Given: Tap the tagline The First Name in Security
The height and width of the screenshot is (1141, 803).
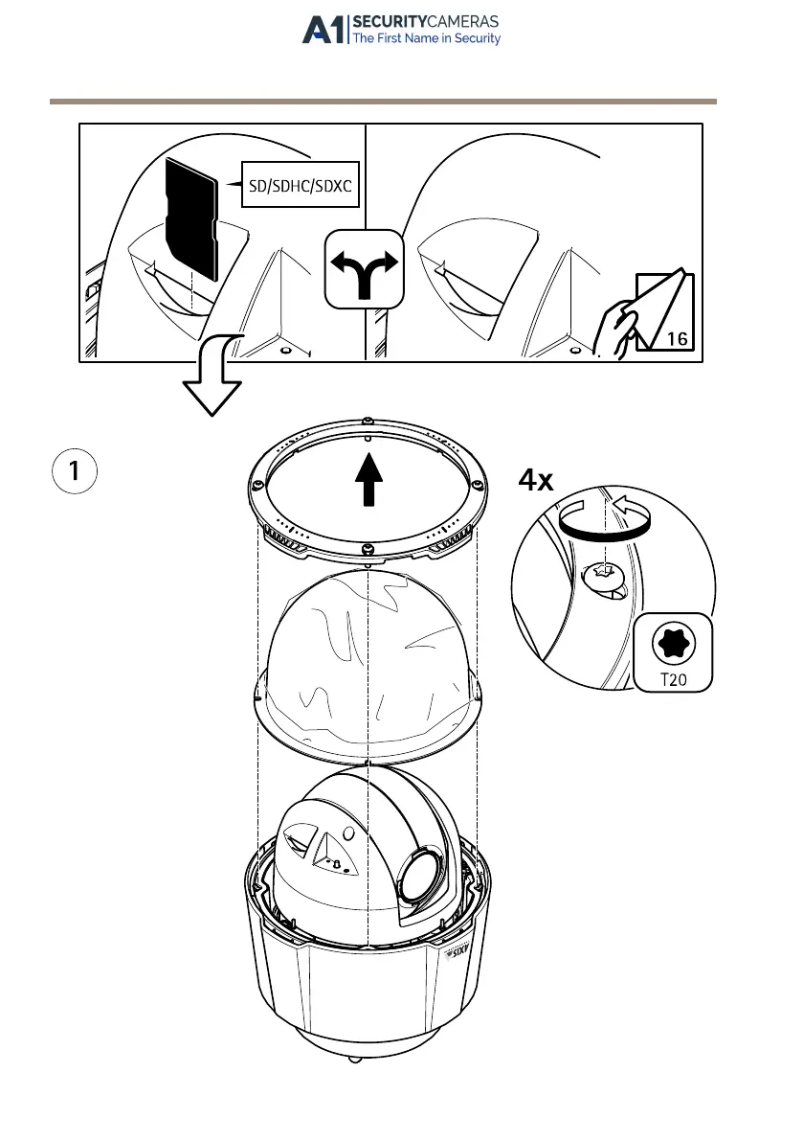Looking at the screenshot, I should point(427,39).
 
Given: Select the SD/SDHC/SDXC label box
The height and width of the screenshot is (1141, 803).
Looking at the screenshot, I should point(300,186).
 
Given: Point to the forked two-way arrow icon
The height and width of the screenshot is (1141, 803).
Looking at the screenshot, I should point(365,269).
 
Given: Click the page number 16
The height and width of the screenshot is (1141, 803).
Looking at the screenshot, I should point(677,338).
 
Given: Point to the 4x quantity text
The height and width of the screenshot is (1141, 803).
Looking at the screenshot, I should point(536,480).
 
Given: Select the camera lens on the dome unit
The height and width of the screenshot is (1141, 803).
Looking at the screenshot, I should point(420,876).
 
